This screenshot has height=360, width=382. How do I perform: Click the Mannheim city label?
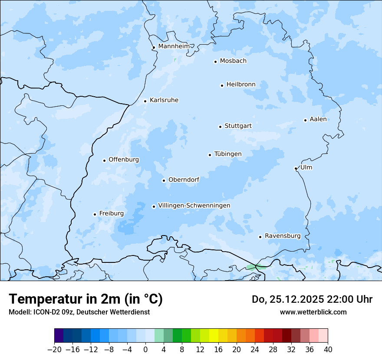pyautogui.click(x=174, y=46)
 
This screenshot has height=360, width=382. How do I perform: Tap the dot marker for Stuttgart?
pyautogui.click(x=220, y=127)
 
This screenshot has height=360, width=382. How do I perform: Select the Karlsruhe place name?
pyautogui.click(x=164, y=100)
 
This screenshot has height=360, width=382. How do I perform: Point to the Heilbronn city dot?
pyautogui.click(x=222, y=85)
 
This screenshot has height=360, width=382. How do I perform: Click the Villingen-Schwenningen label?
pyautogui.click(x=194, y=206)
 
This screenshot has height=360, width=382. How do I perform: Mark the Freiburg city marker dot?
pyautogui.click(x=95, y=214)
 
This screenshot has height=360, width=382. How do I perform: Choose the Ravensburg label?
pyautogui.click(x=282, y=236)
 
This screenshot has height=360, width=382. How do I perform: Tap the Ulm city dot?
pyautogui.click(x=296, y=168)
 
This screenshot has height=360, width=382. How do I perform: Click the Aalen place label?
pyautogui.click(x=318, y=119)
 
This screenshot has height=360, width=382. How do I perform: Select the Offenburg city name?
pyautogui.click(x=123, y=160)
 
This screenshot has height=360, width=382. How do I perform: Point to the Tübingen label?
pyautogui.click(x=227, y=154)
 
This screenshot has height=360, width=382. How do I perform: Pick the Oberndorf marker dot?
pyautogui.click(x=164, y=180)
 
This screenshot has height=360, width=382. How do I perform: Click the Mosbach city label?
pyautogui.click(x=233, y=61)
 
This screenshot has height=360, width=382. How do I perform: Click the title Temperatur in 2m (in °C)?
pyautogui.click(x=86, y=299)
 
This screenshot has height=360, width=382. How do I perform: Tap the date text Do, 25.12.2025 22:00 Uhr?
pyautogui.click(x=312, y=299)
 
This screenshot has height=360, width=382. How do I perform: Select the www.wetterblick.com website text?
pyautogui.click(x=313, y=312)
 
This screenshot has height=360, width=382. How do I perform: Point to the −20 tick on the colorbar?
pyautogui.click(x=55, y=349)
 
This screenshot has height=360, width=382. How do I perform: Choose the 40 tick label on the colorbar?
pyautogui.click(x=328, y=349)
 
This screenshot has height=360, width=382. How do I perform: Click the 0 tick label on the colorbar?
pyautogui.click(x=145, y=349)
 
